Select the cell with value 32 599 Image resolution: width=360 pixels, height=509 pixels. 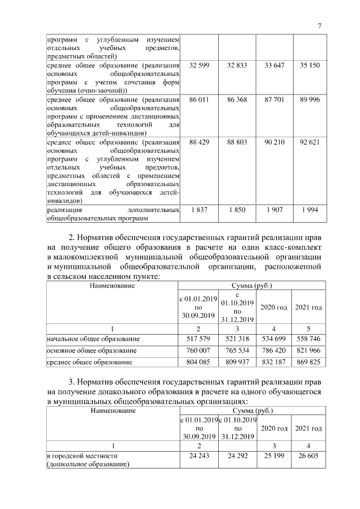pos(200,66)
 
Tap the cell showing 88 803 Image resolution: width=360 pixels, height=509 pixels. pos(237,142)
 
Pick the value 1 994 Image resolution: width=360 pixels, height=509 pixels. pos(309,210)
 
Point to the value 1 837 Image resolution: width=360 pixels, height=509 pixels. pos(200,210)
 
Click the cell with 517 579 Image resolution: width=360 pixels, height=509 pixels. pos(200,339)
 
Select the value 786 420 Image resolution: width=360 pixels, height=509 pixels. pos(274,350)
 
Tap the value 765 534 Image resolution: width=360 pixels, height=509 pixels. pos(237,350)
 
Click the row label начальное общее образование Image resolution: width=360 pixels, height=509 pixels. pos(93,339)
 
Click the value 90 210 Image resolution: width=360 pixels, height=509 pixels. pos(274,142)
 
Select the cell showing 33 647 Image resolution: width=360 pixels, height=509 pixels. pos(274,66)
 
